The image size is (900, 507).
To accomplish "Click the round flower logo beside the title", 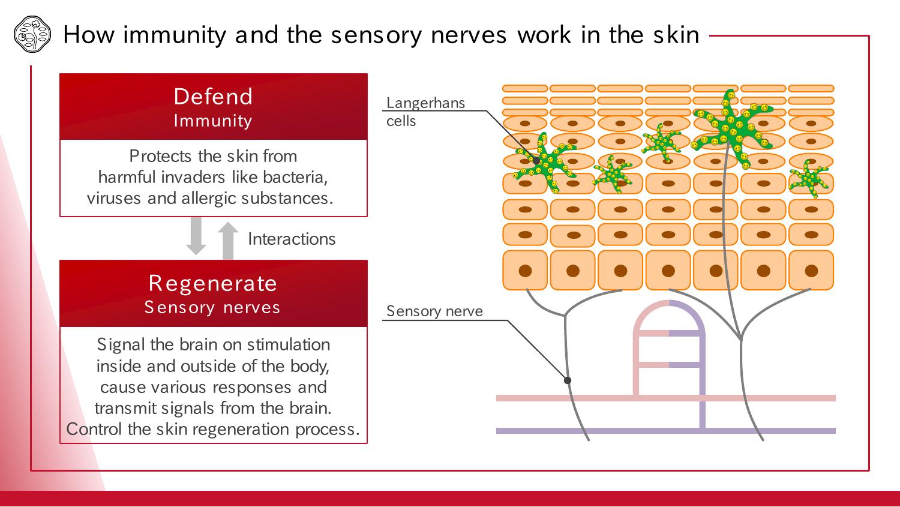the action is click(x=32, y=35).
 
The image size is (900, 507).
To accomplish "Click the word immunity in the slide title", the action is click(x=175, y=35).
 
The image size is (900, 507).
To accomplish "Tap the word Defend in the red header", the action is click(x=213, y=97).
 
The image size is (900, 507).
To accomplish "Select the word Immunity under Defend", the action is click(x=213, y=121).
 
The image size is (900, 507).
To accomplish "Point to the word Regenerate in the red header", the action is click(x=213, y=283).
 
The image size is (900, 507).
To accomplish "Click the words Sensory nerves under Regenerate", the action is click(x=212, y=307).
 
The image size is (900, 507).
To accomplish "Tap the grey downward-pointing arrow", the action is click(x=196, y=236).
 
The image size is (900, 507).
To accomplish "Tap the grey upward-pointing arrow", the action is click(x=228, y=241).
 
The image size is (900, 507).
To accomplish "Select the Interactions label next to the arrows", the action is click(x=292, y=239).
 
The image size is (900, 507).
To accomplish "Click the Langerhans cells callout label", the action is click(x=425, y=112).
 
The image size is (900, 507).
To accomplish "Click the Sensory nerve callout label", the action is click(x=434, y=311).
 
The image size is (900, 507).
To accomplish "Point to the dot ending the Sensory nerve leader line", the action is click(x=568, y=380).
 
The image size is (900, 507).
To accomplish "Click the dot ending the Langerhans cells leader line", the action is click(x=536, y=160).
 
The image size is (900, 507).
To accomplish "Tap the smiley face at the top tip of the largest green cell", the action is click(x=731, y=95).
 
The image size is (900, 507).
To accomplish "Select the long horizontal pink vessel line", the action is click(x=666, y=398).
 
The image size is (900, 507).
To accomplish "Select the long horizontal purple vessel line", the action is click(x=666, y=431).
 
